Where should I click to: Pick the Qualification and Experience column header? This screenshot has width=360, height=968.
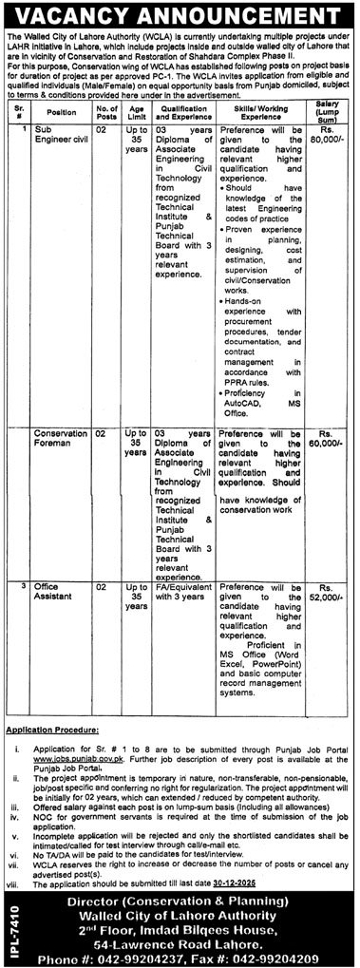point(182,111)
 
